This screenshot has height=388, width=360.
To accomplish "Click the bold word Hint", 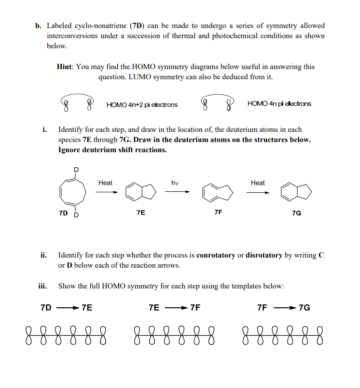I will (x=64, y=67).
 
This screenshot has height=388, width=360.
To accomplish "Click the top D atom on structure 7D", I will (x=75, y=169).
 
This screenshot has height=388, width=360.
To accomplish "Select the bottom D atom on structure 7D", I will (x=75, y=215).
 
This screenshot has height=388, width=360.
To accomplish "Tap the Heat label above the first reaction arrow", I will (x=105, y=183).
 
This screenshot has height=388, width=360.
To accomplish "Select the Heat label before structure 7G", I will (x=258, y=183).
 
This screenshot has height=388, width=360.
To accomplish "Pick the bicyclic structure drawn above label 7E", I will (x=140, y=192).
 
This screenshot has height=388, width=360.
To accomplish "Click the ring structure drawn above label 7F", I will (x=218, y=192).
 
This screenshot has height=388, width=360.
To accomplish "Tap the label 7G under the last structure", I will (x=297, y=213).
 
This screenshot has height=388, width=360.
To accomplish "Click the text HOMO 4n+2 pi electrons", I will (x=142, y=104).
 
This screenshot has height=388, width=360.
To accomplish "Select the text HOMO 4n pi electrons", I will (x=279, y=103).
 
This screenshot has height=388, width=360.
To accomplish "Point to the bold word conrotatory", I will (x=216, y=255).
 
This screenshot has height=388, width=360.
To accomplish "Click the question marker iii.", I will (x=43, y=286).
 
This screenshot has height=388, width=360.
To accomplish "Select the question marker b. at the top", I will (x=38, y=26).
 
